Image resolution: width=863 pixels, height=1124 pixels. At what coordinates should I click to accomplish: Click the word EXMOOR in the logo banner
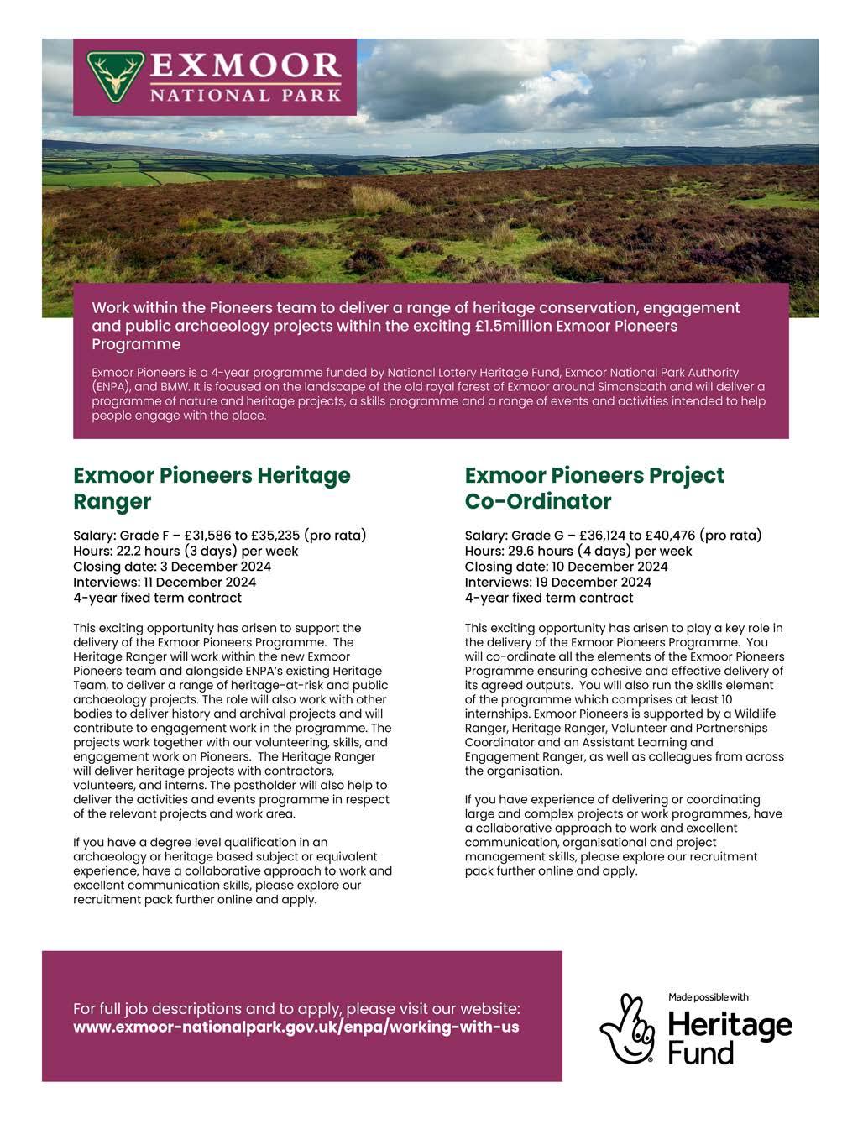click(245, 65)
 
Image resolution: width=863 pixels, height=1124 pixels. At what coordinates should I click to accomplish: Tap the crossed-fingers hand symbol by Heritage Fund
click(627, 1029)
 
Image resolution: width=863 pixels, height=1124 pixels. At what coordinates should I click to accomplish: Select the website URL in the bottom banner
click(296, 1027)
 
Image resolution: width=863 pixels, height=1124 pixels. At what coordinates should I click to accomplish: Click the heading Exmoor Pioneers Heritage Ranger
click(212, 488)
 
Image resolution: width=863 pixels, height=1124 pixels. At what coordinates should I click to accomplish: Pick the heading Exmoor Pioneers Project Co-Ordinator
click(594, 488)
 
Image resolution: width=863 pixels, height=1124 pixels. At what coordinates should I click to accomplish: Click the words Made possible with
click(708, 997)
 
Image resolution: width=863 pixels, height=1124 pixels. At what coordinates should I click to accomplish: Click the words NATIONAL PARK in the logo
click(245, 95)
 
